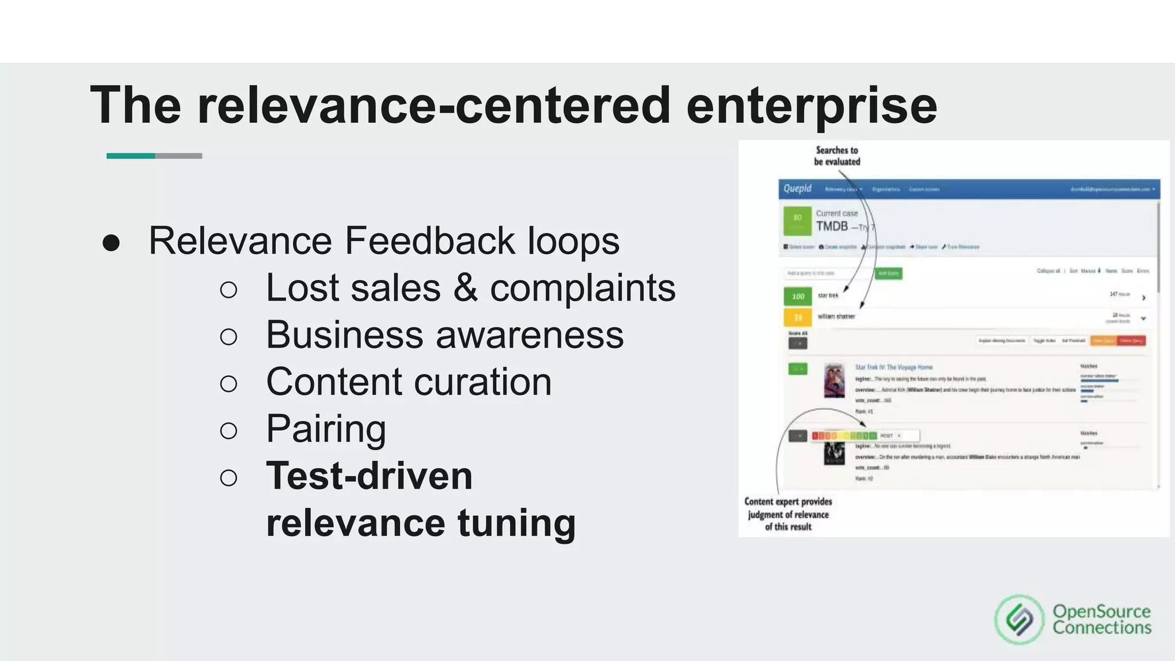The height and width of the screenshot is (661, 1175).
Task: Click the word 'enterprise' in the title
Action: point(811,106)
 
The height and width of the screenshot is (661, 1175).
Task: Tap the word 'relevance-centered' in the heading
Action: point(434,106)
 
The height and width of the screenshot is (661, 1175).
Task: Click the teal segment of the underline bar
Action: point(131,156)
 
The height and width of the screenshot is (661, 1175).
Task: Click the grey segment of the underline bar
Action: point(178,156)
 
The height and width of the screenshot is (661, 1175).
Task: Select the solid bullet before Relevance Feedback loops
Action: point(111,243)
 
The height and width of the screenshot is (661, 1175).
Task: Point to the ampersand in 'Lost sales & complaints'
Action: point(465,288)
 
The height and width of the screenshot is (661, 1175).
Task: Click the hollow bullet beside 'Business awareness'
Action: point(228,336)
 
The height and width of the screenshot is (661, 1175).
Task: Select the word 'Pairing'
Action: point(326,429)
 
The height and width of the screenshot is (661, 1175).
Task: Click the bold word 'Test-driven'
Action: point(369,476)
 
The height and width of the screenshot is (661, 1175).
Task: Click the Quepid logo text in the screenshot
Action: point(797,189)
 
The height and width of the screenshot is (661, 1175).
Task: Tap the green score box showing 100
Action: point(797,296)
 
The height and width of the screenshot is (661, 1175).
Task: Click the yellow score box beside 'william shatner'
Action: point(797,317)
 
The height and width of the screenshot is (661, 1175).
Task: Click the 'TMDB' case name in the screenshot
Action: point(832,226)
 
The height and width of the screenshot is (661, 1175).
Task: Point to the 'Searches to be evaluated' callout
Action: point(836,156)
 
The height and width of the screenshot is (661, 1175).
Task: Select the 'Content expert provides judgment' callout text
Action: point(788,514)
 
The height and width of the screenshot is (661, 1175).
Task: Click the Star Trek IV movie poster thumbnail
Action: point(834,380)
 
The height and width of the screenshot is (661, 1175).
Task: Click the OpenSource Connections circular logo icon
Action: point(1019,620)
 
